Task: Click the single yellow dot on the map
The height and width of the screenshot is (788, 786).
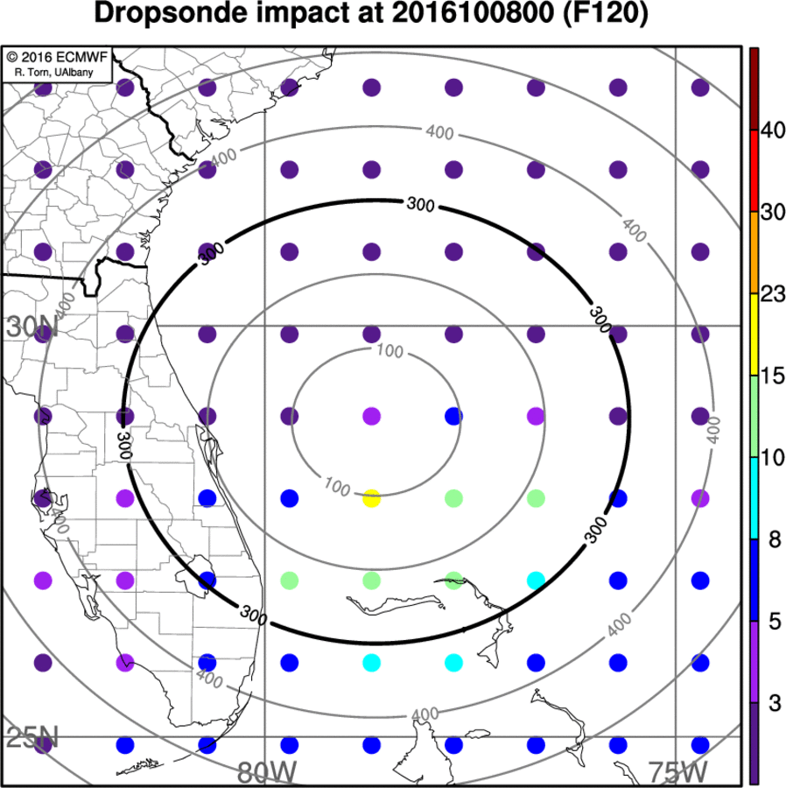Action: [371, 499]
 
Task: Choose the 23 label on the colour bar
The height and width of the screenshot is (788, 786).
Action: [771, 294]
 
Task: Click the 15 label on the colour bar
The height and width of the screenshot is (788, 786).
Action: [771, 376]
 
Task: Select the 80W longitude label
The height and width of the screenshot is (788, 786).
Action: [266, 773]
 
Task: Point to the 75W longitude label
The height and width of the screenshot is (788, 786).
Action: [677, 773]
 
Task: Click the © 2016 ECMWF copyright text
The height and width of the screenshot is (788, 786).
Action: [57, 57]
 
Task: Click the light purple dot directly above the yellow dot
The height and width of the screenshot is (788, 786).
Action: [371, 416]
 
